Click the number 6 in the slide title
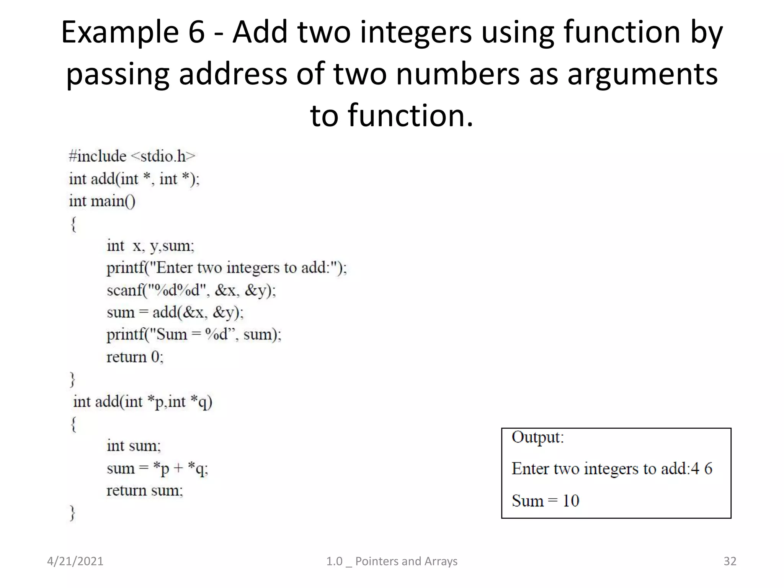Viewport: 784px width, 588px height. (x=196, y=32)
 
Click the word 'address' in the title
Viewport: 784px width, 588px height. (x=233, y=73)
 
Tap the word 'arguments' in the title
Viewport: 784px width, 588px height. (x=642, y=73)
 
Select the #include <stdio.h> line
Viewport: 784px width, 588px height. (x=132, y=156)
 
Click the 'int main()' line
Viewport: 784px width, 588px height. (x=102, y=201)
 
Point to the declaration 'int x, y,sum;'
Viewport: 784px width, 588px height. (x=150, y=246)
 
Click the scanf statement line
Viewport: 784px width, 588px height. (x=191, y=290)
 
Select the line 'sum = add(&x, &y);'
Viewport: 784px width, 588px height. (x=175, y=312)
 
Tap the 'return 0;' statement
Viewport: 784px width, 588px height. (x=135, y=357)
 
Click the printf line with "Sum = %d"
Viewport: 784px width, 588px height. (x=194, y=335)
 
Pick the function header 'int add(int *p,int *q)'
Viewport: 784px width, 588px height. (x=142, y=402)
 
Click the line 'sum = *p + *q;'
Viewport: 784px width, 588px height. (x=157, y=469)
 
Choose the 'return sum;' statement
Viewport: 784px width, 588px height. (x=145, y=490)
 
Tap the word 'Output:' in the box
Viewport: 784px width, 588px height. (x=537, y=437)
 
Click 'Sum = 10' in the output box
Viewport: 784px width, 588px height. (x=545, y=501)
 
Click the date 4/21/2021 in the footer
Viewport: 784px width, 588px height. (x=75, y=561)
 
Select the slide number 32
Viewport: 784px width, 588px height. (x=730, y=561)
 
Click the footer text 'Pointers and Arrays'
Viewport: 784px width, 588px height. (x=406, y=561)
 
